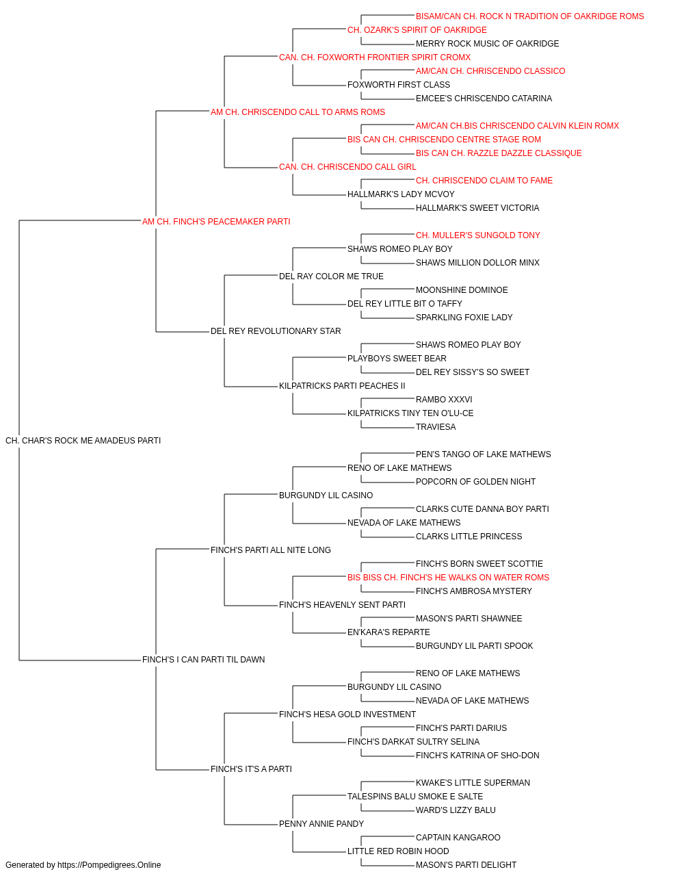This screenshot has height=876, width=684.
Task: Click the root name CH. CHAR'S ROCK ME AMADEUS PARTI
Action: [83, 441]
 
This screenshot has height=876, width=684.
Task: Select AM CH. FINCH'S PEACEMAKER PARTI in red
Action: [216, 222]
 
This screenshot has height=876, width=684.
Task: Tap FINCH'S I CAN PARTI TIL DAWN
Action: [203, 660]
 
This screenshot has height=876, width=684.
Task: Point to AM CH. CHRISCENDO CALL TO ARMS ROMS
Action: [298, 112]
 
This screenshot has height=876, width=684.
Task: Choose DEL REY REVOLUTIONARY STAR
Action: [276, 331]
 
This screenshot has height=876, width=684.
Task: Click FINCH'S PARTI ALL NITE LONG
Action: [271, 550]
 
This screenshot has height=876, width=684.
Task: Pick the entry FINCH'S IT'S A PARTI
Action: [251, 769]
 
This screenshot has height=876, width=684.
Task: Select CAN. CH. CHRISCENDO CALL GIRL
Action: [347, 167]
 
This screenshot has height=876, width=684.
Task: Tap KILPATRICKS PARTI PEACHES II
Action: [342, 386]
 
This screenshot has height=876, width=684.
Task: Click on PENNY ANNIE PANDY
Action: [321, 823]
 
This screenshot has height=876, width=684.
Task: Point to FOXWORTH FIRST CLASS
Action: [399, 85]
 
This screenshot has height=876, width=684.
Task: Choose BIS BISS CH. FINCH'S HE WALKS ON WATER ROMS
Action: [448, 578]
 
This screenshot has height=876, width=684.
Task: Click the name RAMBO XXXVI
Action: [444, 400]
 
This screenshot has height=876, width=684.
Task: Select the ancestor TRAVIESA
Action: [436, 427]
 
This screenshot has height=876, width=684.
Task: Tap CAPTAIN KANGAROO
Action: [458, 837]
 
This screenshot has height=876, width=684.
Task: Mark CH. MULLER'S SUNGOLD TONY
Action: [477, 235]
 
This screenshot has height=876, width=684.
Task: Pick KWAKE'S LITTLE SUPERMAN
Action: [473, 782]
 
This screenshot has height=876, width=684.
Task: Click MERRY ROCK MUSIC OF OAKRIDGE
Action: [488, 44]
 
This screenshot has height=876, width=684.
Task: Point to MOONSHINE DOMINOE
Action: [462, 290]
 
